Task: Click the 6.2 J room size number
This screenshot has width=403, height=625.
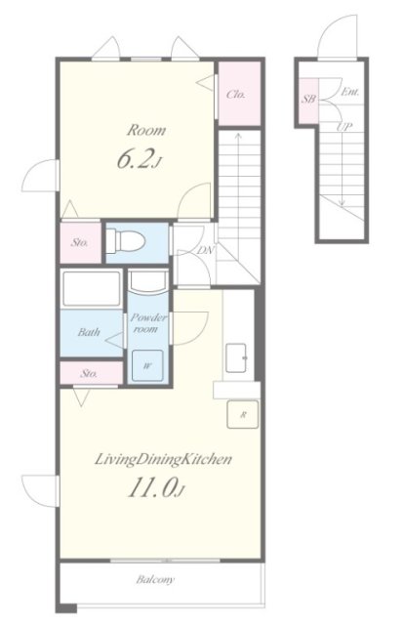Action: click(139, 159)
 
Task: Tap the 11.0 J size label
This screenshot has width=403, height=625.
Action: click(156, 488)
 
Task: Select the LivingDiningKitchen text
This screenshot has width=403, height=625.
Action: click(163, 459)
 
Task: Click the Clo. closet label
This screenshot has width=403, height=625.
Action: click(236, 95)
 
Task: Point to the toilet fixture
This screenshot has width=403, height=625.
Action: click(125, 240)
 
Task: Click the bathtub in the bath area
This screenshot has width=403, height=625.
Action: click(92, 288)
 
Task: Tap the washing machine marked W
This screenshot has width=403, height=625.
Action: click(147, 365)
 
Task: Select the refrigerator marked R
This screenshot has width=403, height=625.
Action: click(243, 414)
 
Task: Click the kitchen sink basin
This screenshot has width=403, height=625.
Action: click(236, 357)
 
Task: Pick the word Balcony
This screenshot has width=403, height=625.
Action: click(155, 579)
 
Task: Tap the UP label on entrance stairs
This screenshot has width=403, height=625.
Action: click(344, 127)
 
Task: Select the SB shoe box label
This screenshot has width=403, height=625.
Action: click(308, 99)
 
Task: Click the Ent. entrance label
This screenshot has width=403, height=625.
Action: click(350, 92)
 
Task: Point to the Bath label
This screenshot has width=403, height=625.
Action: click(89, 332)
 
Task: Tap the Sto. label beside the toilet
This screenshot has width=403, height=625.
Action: click(80, 242)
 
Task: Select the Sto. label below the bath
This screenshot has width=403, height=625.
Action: click(89, 373)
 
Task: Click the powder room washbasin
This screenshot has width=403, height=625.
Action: click(147, 282)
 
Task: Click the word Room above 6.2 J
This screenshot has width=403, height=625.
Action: click(145, 130)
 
